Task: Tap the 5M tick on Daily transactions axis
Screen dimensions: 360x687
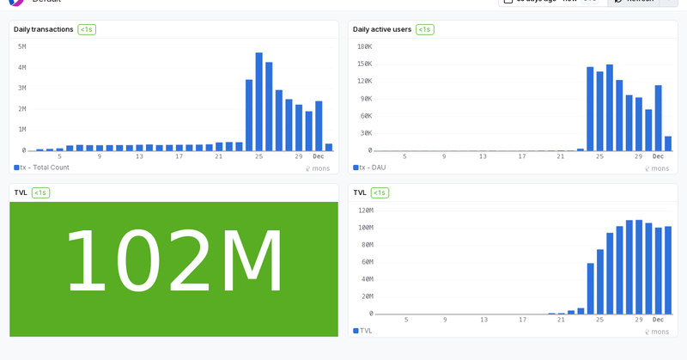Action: pos(21,46)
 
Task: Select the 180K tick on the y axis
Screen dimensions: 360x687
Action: pos(364,46)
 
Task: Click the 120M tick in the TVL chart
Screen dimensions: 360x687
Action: pos(365,210)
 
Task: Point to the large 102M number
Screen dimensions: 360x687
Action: pos(174,263)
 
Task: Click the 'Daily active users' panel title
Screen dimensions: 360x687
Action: pos(382,29)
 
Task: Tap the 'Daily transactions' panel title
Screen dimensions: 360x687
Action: pos(44,29)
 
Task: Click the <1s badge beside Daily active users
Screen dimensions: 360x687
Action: pos(424,29)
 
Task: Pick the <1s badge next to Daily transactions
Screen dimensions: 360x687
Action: pos(87,29)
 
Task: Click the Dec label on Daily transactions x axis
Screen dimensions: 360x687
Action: pos(319,156)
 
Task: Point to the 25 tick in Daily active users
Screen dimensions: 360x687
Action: pos(599,156)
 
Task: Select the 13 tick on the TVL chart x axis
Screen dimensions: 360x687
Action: pos(483,320)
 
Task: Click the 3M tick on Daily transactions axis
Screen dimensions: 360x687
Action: pos(21,88)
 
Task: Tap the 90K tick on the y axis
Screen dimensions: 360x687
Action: pos(366,98)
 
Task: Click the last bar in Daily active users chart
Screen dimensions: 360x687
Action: pos(668,143)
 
